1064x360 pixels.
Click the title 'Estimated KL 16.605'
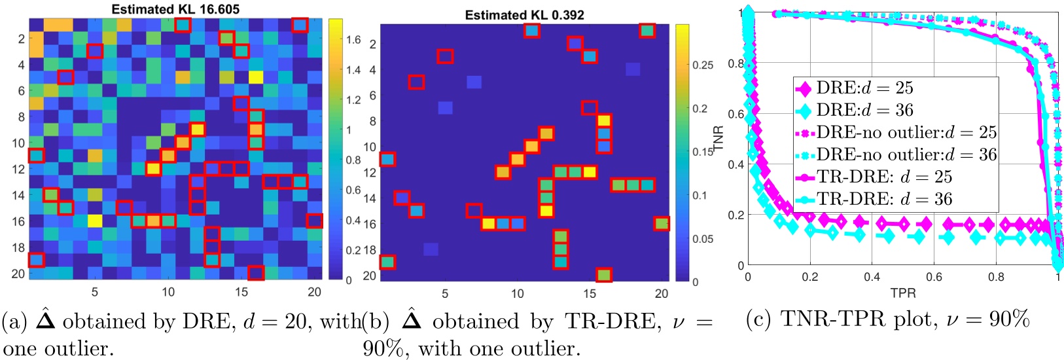pyautogui.click(x=175, y=9)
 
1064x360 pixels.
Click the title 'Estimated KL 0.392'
pyautogui.click(x=524, y=14)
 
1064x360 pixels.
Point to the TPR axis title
pyautogui.click(x=902, y=293)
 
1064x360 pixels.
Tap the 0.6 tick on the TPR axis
pyautogui.click(x=934, y=277)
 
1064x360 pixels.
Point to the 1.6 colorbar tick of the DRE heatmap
pyautogui.click(x=353, y=40)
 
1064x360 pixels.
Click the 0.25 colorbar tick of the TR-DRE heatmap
pyautogui.click(x=703, y=65)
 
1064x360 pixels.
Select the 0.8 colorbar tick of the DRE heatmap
pyautogui.click(x=353, y=160)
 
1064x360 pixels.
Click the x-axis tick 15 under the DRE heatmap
pyautogui.click(x=241, y=292)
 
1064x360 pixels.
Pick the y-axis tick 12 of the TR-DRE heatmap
pyautogui.click(x=370, y=173)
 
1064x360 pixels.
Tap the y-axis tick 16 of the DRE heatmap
pyautogui.click(x=18, y=221)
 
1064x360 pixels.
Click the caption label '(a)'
pyautogui.click(x=14, y=321)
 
